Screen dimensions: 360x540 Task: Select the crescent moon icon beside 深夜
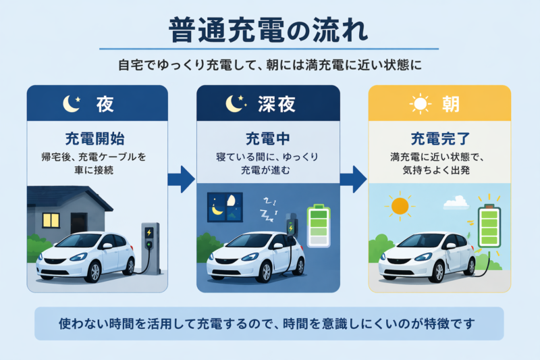(234, 103)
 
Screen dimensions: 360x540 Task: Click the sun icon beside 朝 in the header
(421, 104)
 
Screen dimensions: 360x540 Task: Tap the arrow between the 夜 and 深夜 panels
(182, 179)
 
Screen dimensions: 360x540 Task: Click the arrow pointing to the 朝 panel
(353, 179)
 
